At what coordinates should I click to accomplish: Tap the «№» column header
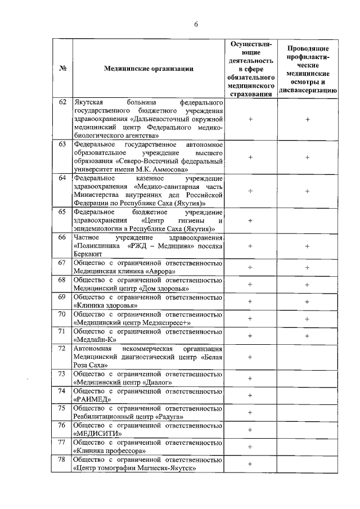click(x=62, y=69)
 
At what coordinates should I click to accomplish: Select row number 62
click(x=62, y=103)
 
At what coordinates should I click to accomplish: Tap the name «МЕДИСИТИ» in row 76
click(x=98, y=433)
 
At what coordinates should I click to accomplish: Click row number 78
click(x=62, y=460)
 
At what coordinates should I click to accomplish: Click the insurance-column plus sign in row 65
click(x=250, y=220)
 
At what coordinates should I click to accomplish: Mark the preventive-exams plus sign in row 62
click(x=308, y=119)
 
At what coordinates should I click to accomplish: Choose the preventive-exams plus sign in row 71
click(x=308, y=336)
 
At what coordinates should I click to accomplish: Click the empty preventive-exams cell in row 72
click(x=308, y=357)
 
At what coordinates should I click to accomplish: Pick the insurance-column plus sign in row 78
click(x=250, y=464)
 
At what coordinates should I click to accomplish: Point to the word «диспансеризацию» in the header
click(x=308, y=90)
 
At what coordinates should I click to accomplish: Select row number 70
click(x=62, y=314)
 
